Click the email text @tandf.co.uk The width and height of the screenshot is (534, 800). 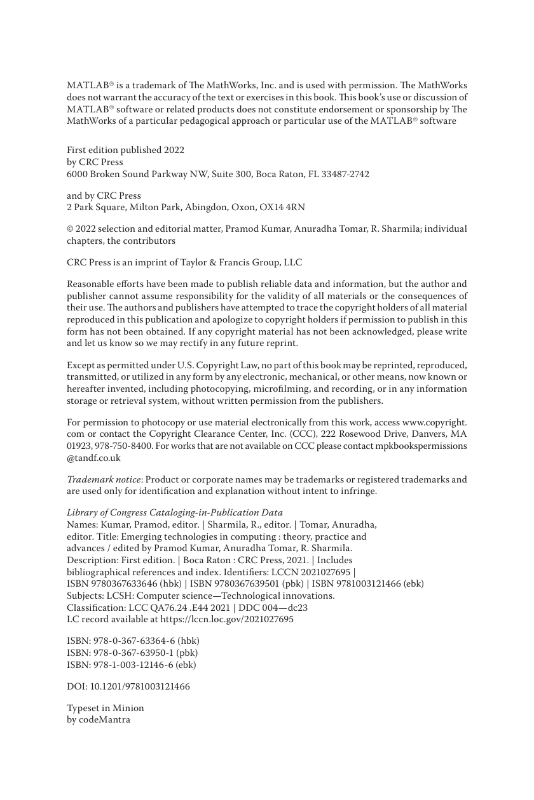click(93, 457)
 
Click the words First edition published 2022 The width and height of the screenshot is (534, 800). click(125, 150)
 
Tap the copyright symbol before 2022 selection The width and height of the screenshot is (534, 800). click(70, 229)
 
